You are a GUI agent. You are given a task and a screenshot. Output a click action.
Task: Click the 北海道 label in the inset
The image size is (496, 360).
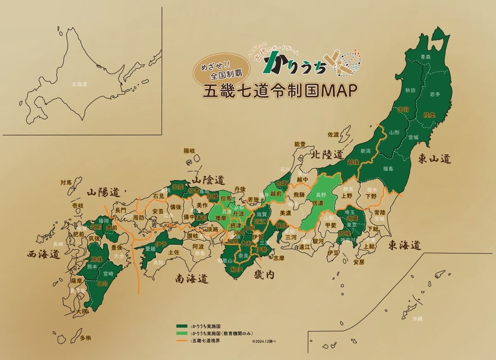tap(79, 84)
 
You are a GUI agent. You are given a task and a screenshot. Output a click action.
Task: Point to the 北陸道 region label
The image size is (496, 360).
tap(327, 155)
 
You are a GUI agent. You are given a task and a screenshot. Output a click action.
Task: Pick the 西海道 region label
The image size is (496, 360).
tap(43, 254)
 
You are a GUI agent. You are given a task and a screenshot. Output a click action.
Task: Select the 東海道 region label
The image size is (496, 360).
tap(404, 245)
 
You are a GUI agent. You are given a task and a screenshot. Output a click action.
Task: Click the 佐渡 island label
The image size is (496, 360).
tap(333, 134)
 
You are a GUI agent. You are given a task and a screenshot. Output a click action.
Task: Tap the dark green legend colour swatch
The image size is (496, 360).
tap(182, 326)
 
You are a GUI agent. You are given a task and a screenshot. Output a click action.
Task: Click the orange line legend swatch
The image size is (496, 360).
tap(182, 341)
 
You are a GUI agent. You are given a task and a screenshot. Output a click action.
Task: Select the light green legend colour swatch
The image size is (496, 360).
tap(182, 333)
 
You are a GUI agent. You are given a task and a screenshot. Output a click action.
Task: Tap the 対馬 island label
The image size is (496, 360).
tap(66, 182)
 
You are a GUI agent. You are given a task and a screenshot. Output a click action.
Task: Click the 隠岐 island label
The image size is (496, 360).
tap(189, 151)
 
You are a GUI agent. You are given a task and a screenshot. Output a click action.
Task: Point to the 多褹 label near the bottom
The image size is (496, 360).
tap(86, 338)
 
